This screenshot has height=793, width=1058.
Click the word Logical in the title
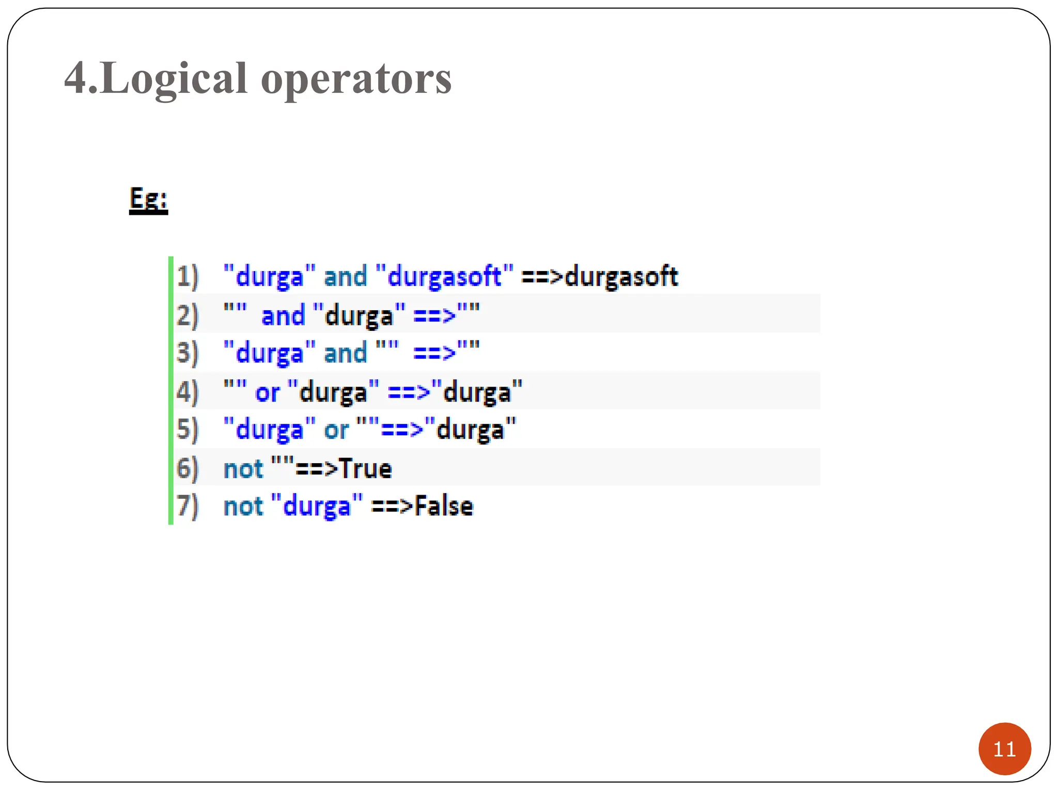pyautogui.click(x=174, y=79)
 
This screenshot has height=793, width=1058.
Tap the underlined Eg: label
pyautogui.click(x=148, y=199)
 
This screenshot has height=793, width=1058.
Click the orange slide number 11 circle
pyautogui.click(x=1004, y=749)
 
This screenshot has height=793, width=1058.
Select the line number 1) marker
pyautogui.click(x=187, y=277)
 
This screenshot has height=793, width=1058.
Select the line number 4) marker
pyautogui.click(x=187, y=392)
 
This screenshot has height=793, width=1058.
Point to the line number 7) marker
pyautogui.click(x=187, y=506)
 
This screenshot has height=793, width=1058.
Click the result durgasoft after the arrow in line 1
pyautogui.click(x=621, y=277)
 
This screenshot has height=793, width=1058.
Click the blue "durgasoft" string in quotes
pyautogui.click(x=444, y=277)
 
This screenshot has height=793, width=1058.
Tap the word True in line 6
pyautogui.click(x=366, y=469)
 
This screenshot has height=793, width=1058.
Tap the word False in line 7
pyautogui.click(x=444, y=506)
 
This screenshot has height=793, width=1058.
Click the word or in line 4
pyautogui.click(x=267, y=393)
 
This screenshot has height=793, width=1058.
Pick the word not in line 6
pyautogui.click(x=243, y=469)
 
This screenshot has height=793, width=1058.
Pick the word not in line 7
pyautogui.click(x=243, y=506)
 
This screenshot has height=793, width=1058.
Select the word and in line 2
pyautogui.click(x=283, y=315)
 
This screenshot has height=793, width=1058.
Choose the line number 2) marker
pyautogui.click(x=187, y=315)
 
